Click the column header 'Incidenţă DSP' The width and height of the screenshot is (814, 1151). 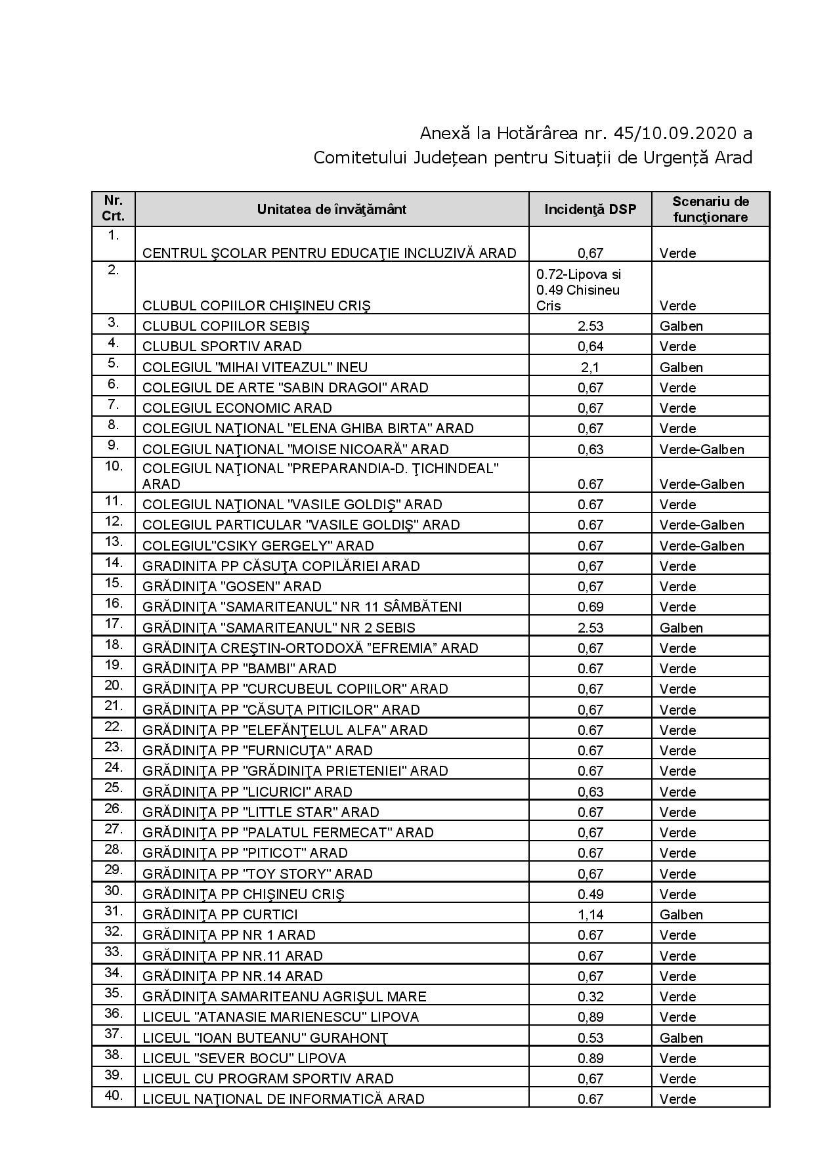(x=589, y=209)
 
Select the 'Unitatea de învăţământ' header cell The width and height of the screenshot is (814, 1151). (x=332, y=209)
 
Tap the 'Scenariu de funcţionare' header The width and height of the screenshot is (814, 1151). (x=710, y=209)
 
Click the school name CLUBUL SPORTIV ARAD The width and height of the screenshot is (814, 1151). (x=222, y=346)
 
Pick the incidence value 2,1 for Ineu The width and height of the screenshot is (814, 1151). (x=589, y=367)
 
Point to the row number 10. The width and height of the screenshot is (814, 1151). (x=114, y=467)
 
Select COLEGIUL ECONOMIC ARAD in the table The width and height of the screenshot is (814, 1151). (x=237, y=408)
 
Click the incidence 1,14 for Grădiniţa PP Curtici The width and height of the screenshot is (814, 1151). (x=589, y=915)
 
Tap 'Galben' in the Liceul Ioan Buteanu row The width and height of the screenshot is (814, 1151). (x=681, y=1038)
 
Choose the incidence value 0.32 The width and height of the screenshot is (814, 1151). (x=589, y=997)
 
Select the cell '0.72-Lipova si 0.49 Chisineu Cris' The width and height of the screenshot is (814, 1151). (x=578, y=290)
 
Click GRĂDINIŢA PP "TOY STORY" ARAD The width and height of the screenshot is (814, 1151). (x=257, y=874)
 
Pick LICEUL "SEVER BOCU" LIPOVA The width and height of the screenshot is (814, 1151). (x=244, y=1058)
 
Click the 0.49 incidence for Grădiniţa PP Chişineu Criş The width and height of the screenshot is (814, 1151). (x=589, y=894)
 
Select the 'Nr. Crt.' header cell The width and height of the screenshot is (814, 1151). (x=114, y=209)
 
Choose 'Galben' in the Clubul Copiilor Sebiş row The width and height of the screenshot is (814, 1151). (x=681, y=326)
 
